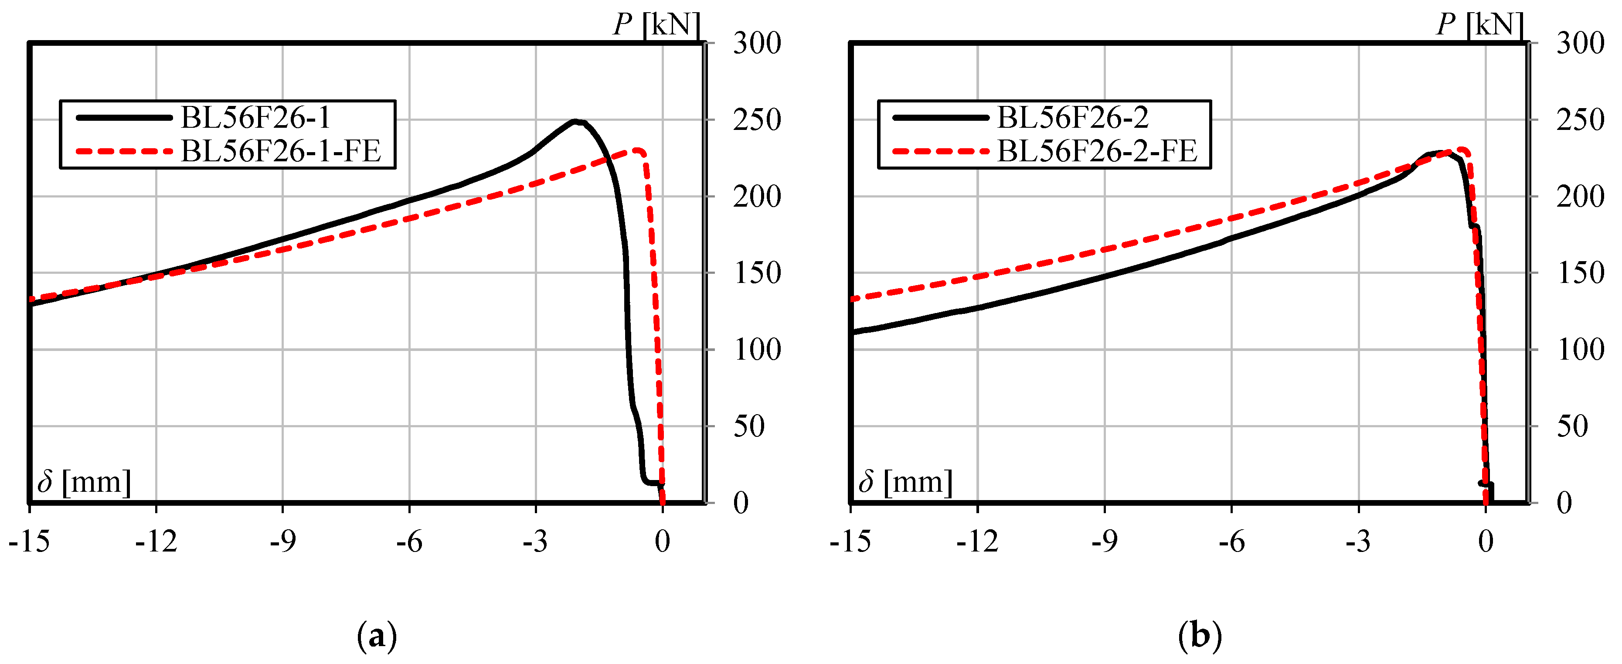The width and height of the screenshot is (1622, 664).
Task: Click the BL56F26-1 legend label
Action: click(x=255, y=117)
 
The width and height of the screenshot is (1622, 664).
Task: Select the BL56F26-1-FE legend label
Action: click(x=281, y=151)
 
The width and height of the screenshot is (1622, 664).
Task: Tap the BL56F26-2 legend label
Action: click(x=1073, y=117)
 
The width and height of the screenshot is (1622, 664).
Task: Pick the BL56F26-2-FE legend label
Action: click(x=1097, y=151)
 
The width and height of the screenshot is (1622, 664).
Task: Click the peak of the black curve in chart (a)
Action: click(x=575, y=121)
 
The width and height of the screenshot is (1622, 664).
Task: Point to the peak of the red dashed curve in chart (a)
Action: click(x=638, y=150)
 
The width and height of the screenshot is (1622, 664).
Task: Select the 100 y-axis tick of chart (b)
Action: click(x=1581, y=350)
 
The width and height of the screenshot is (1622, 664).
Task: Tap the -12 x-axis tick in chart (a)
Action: click(x=156, y=541)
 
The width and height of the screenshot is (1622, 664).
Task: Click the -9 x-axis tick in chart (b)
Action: click(x=1105, y=541)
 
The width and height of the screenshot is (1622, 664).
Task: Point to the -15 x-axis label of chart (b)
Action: click(x=851, y=541)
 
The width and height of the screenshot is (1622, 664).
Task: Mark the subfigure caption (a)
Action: click(x=377, y=636)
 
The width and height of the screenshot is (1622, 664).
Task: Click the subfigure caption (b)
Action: click(x=1200, y=636)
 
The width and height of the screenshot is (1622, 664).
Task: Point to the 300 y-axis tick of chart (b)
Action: click(x=1581, y=44)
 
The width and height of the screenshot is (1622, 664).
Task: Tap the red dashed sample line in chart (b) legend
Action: click(x=941, y=151)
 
